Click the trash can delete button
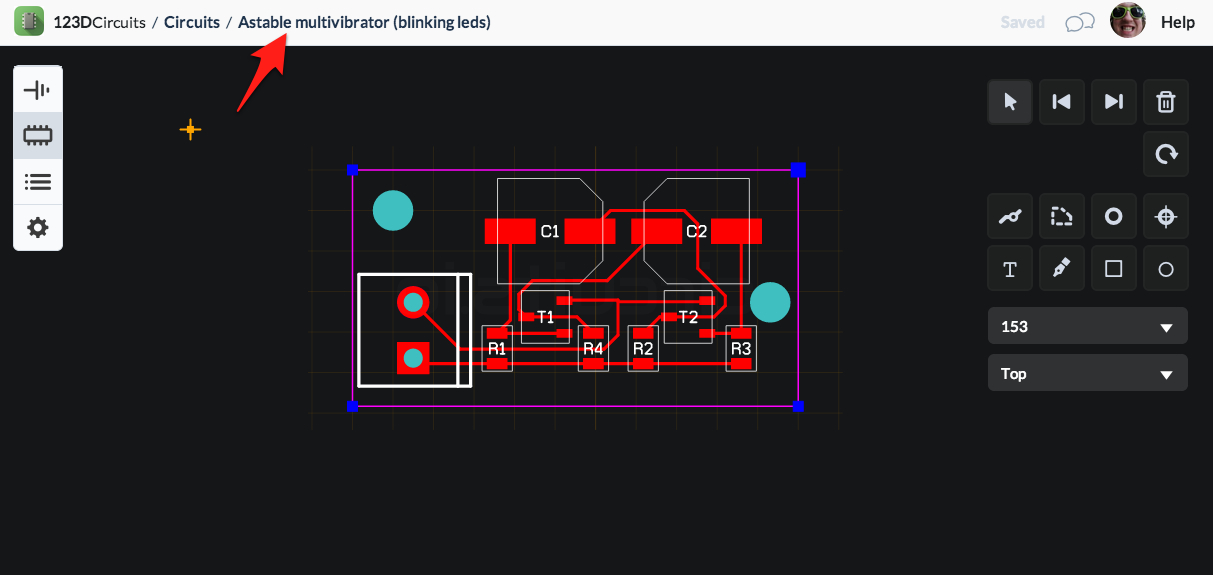click(1165, 102)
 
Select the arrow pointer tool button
click(1010, 102)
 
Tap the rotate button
click(1165, 154)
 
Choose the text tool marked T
click(1010, 269)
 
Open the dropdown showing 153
click(1087, 326)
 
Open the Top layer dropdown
click(1087, 373)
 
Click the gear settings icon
click(38, 227)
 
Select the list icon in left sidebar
click(38, 181)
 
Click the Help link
click(1177, 22)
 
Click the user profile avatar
click(1127, 21)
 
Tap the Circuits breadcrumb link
click(192, 22)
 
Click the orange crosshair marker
click(190, 129)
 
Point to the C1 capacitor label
click(550, 232)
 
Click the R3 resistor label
click(741, 348)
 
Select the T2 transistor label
click(688, 317)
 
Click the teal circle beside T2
click(769, 302)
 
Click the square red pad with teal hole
click(413, 358)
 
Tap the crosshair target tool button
click(1165, 217)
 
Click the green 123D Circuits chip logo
click(29, 21)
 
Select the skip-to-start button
click(1061, 102)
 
